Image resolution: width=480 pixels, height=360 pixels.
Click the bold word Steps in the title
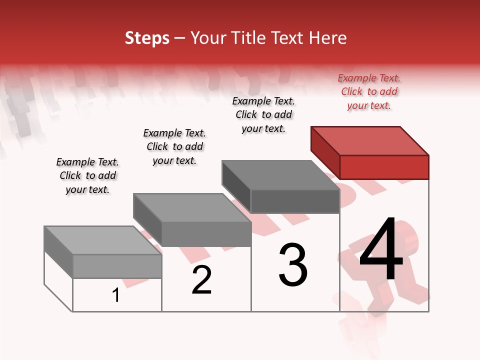point(147,38)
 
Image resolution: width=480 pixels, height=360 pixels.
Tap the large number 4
point(381,250)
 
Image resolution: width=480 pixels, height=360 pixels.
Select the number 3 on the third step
point(293,265)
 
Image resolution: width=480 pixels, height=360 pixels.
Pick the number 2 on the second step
point(201,280)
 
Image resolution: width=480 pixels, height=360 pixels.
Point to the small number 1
point(116,295)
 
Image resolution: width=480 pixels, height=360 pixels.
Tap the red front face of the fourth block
point(384,167)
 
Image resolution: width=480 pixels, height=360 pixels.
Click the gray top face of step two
point(192,208)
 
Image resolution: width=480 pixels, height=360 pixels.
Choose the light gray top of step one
point(103,240)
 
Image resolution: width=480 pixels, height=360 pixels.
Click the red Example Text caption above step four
point(369,92)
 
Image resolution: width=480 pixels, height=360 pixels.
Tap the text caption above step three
point(263,115)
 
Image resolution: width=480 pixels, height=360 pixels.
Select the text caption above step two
point(174,147)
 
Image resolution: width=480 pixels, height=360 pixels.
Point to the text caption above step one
point(87,176)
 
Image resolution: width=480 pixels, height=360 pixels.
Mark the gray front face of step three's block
point(295,201)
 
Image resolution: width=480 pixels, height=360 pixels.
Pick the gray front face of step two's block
point(206,234)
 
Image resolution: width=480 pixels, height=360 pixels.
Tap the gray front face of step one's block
point(117,266)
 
